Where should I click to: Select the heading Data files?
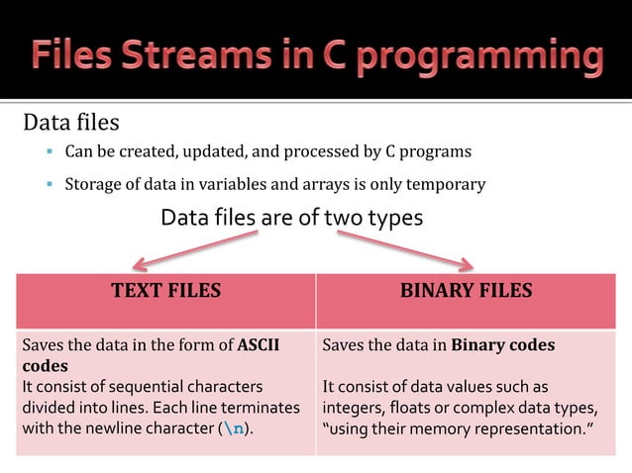coord(71,124)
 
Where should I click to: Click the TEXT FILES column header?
coord(165,290)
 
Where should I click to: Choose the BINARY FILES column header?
coord(466,290)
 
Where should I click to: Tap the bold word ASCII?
coord(259,345)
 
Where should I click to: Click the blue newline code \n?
coord(233,426)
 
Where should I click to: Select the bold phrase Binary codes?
coord(503,345)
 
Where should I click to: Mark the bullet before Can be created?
coord(48,152)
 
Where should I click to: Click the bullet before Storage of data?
coord(48,184)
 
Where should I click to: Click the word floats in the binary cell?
coord(415,407)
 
